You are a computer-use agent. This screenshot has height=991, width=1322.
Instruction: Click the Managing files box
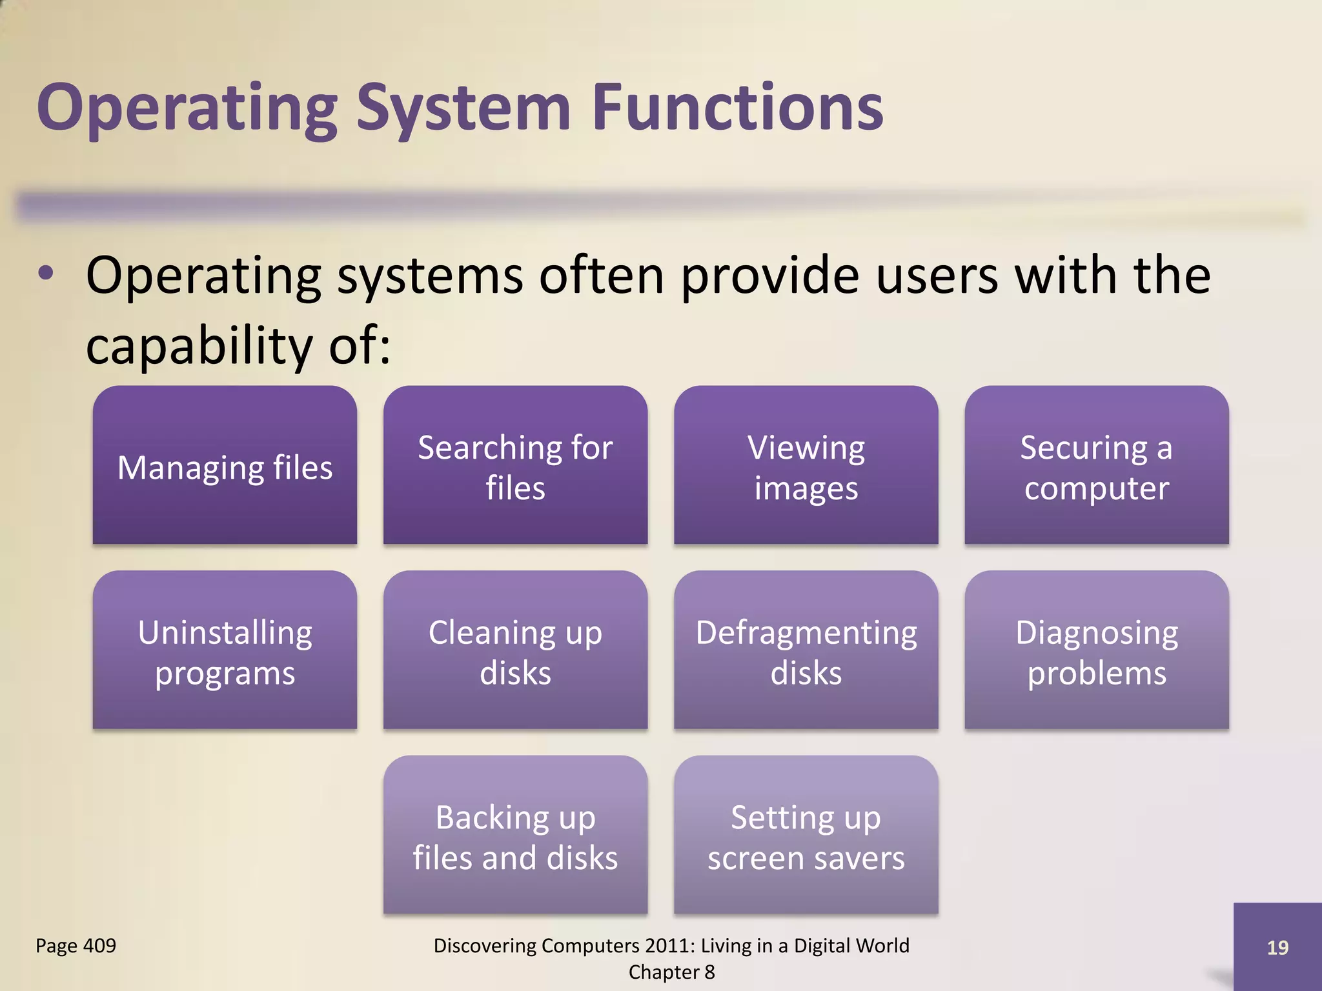[225, 466]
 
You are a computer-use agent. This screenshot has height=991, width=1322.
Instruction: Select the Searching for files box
[515, 466]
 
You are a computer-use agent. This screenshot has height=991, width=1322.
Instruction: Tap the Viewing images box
[806, 466]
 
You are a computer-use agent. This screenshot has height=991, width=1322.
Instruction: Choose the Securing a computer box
[1096, 466]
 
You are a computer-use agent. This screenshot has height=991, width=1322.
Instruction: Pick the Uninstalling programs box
[225, 650]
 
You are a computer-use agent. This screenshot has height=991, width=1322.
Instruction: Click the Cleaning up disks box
[515, 650]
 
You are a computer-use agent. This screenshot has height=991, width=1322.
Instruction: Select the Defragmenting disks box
[806, 650]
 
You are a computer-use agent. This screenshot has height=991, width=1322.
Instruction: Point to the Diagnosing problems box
[1096, 650]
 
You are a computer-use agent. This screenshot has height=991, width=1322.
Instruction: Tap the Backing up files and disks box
[515, 836]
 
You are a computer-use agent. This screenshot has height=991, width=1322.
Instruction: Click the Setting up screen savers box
[806, 836]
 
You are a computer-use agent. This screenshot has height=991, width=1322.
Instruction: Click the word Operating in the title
[187, 108]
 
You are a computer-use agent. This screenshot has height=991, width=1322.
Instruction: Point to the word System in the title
[463, 108]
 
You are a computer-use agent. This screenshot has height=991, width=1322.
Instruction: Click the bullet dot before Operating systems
[46, 274]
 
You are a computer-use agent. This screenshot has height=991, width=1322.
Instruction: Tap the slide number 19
[1277, 947]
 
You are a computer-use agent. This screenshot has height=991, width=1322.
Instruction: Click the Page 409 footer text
[76, 946]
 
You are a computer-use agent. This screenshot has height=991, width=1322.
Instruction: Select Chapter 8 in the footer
[671, 972]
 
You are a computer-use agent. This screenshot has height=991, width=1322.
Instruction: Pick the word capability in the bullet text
[199, 346]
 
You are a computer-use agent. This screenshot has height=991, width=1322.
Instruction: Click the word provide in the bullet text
[769, 276]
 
